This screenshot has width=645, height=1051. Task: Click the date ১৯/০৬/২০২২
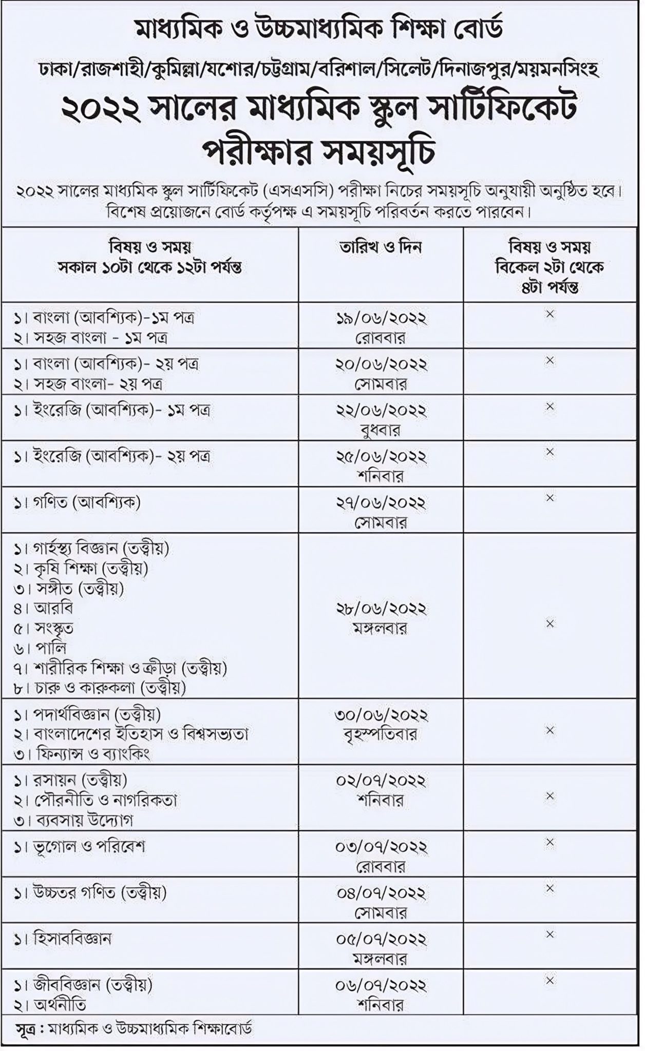coord(381,319)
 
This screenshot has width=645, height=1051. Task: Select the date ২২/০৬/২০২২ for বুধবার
coord(381,411)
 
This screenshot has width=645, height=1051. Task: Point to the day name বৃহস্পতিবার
coord(381,734)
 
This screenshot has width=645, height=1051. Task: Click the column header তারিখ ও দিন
coord(381,247)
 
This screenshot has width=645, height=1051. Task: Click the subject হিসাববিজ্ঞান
coord(72,939)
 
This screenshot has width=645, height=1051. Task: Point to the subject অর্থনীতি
coord(60,1005)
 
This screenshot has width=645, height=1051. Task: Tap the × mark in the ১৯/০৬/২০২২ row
coord(549,314)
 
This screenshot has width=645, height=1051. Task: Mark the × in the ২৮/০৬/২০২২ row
coord(549,624)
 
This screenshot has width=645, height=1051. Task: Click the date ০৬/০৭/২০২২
coord(381,985)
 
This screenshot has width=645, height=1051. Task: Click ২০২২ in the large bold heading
coord(101,109)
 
